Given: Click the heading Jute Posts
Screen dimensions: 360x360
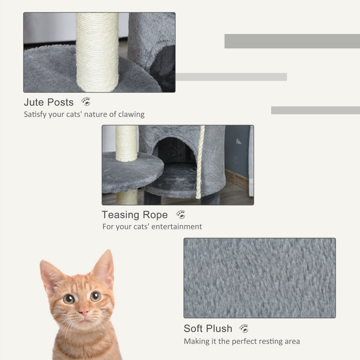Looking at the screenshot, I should (48, 102).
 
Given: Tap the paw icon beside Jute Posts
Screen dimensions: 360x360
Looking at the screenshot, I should (86, 101).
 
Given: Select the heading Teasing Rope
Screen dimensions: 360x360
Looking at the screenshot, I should (134, 215).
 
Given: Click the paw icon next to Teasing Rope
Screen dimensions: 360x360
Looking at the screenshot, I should (180, 214).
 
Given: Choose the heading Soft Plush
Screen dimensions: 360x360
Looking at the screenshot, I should (207, 329).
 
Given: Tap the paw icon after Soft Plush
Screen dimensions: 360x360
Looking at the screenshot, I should (244, 328).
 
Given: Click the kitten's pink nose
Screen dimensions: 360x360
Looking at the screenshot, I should (83, 312).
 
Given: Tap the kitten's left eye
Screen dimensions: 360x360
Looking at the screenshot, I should (69, 298).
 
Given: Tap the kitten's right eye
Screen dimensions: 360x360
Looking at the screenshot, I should (95, 296).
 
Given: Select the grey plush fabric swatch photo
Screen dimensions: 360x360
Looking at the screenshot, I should (259, 277).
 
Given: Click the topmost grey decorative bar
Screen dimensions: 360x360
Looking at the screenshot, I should (291, 41).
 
